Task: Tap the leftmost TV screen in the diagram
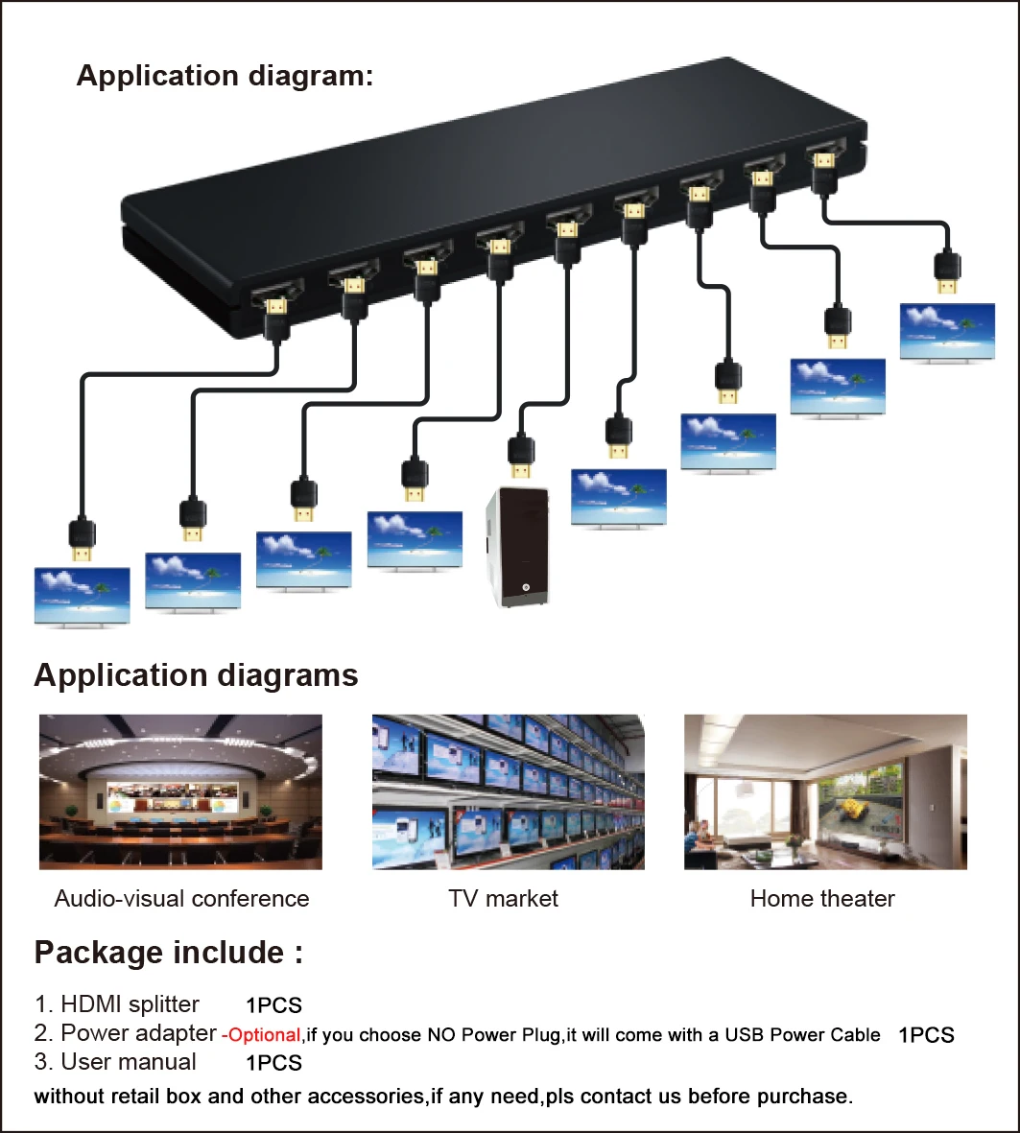coord(82,597)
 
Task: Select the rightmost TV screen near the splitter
coord(947,331)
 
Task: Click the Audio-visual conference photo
coord(180,791)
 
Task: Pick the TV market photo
coord(508,791)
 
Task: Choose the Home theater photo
coord(825,791)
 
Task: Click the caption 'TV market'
coord(503,899)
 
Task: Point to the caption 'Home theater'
coord(822,899)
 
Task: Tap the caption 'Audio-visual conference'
coord(181,899)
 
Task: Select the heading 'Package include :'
coord(169,953)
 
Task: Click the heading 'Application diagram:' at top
coord(225,76)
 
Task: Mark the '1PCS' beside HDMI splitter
coord(273,1006)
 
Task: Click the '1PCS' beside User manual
coord(273,1063)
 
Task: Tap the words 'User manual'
coord(129,1062)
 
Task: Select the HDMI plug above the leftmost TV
coord(82,539)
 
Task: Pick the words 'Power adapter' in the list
coord(138,1033)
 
